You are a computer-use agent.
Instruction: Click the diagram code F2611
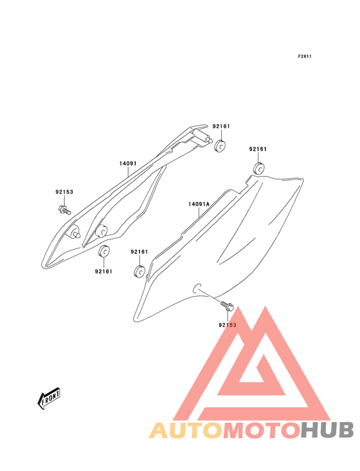pos(305,56)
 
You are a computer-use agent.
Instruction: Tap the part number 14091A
pos(199,204)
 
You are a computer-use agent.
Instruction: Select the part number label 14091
pos(128,163)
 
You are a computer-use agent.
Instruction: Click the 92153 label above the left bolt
pos(64,192)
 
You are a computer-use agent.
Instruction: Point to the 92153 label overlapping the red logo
pos(228,325)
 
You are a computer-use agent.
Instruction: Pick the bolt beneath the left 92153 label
pos(64,210)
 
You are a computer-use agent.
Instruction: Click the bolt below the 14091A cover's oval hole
pos(227,306)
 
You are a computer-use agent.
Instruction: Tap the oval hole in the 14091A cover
pos(197,288)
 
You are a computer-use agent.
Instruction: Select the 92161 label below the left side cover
pos(104,272)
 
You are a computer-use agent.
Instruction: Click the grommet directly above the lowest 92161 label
pos(104,252)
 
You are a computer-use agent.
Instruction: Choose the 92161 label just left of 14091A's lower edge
pos(139,252)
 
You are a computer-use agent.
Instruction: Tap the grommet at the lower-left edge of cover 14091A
pos(139,272)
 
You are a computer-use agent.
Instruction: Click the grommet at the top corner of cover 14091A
pos(258,168)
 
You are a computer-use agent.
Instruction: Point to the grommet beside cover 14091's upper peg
pos(221,145)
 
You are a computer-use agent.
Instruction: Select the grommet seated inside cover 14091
pos(102,231)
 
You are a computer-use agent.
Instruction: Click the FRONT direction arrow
pos(49,398)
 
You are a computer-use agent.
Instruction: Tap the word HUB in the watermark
pos(328,430)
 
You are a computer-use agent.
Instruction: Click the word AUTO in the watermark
pos(186,430)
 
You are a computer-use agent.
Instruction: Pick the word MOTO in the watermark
pos(262,430)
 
